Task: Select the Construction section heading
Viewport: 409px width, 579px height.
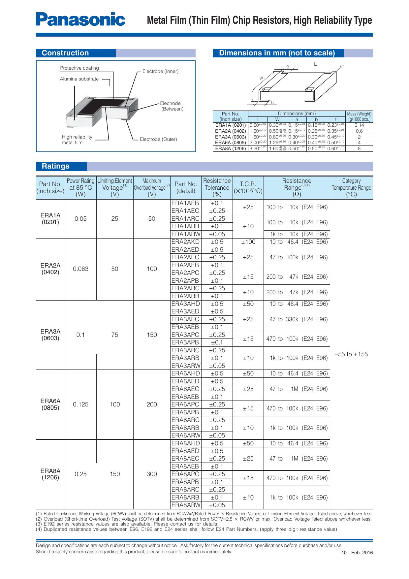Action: [x=65, y=53]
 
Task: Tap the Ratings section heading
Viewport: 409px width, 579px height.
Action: [x=55, y=166]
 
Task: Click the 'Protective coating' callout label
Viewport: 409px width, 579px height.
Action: [x=79, y=68]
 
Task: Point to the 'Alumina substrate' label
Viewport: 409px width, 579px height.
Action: [x=79, y=79]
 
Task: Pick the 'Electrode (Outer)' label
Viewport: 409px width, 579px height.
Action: [x=158, y=139]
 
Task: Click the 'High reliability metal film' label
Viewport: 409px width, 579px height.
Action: [x=77, y=140]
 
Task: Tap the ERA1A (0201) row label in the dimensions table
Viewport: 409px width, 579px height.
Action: [x=230, y=125]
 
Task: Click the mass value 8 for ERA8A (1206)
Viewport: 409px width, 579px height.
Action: [x=359, y=149]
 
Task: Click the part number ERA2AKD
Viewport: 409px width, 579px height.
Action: [x=185, y=242]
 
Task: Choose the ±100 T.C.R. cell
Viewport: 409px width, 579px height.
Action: [x=248, y=242]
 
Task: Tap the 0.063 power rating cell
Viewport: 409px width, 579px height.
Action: [x=80, y=269]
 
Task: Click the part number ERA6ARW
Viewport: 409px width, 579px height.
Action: [x=186, y=435]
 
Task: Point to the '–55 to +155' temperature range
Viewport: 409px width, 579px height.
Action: [x=351, y=354]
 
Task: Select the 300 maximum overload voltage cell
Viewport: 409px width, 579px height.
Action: [x=152, y=474]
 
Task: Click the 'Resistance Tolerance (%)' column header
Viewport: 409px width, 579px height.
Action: [x=217, y=187]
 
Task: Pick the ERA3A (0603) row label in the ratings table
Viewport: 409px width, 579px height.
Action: [x=50, y=335]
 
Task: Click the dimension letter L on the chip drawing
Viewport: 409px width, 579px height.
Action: [x=315, y=64]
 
